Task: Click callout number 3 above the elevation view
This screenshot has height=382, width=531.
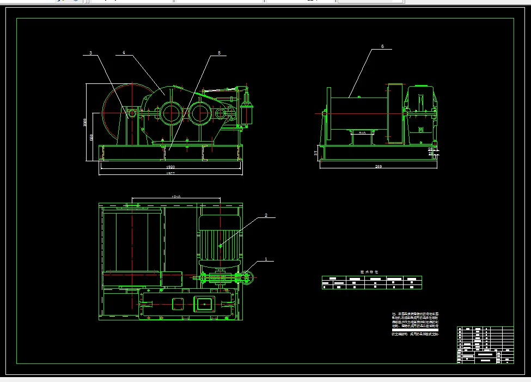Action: coord(90,53)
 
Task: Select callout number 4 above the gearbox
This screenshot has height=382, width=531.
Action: coord(124,53)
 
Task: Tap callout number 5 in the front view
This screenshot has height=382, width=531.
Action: coord(219,53)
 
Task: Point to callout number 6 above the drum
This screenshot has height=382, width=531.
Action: coord(382,47)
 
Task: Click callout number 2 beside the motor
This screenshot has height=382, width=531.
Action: coord(266,216)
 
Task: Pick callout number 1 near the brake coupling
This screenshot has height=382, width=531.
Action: coord(265,259)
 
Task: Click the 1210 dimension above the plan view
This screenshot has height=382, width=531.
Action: coord(176,196)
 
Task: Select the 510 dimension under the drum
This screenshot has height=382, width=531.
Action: coord(362,132)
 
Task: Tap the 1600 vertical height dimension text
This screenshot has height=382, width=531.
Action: coord(85,122)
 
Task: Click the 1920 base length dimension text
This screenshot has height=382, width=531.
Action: coord(170,167)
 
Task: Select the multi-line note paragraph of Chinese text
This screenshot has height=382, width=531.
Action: coord(415,324)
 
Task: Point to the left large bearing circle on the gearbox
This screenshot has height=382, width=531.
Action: coord(171,114)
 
